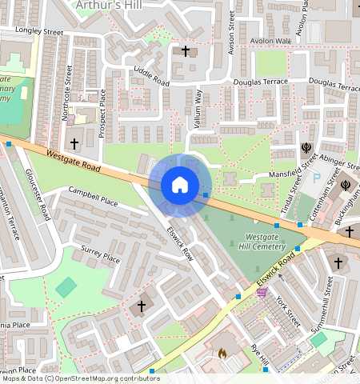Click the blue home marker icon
[180, 186]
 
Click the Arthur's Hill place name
[108, 6]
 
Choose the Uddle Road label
[151, 77]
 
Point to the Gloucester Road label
[38, 195]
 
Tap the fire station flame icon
[222, 352]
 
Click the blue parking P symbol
[316, 177]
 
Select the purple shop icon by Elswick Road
[262, 293]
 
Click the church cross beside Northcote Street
[75, 144]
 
